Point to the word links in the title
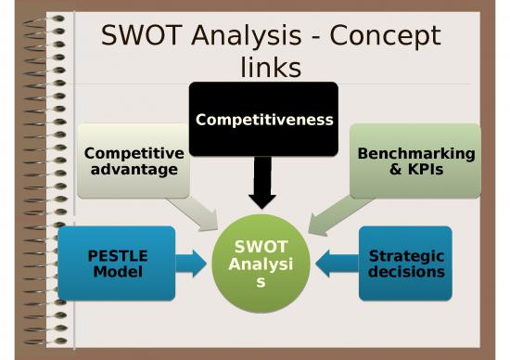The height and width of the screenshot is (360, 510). (270, 68)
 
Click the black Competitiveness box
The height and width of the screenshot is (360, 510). (264, 119)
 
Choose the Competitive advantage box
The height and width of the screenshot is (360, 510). (134, 161)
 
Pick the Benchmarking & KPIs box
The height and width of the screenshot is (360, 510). (415, 161)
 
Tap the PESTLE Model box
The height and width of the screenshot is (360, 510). (117, 264)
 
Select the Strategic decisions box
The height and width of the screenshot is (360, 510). (405, 264)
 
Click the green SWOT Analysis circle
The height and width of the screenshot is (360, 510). (261, 264)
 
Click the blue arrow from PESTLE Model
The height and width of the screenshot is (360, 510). (192, 264)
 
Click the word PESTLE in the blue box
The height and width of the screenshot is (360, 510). (117, 256)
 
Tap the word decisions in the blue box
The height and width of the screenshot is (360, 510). (406, 272)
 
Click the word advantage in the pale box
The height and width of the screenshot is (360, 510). (134, 169)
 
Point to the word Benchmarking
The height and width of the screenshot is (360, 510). (415, 153)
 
